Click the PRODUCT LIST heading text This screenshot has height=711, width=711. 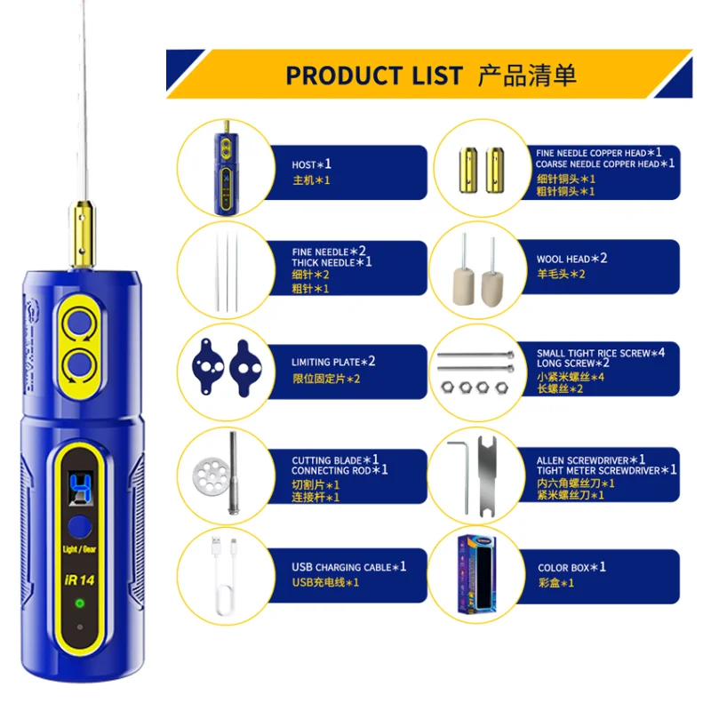click(x=374, y=75)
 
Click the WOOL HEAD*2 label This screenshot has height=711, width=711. click(x=571, y=259)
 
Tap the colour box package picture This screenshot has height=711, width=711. click(x=485, y=573)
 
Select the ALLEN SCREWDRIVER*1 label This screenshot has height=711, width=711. click(x=590, y=459)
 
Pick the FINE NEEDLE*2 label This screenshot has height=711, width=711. click(x=329, y=252)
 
